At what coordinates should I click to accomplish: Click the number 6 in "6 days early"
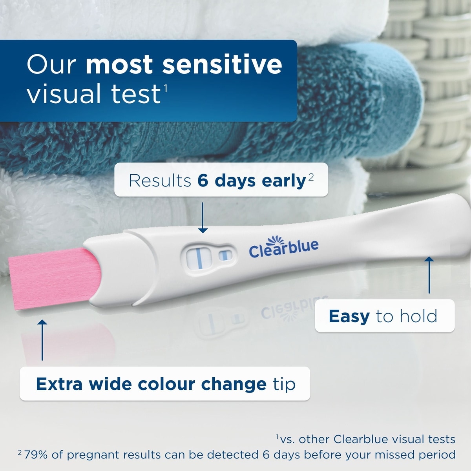click(x=203, y=181)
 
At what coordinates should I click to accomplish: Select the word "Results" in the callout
click(x=160, y=181)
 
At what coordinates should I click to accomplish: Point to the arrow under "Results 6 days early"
click(x=203, y=217)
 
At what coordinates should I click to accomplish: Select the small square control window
click(x=225, y=256)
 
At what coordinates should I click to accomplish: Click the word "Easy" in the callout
click(x=349, y=316)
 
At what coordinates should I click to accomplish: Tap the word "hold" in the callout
click(x=418, y=316)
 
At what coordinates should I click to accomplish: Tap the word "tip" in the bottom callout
click(x=284, y=384)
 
